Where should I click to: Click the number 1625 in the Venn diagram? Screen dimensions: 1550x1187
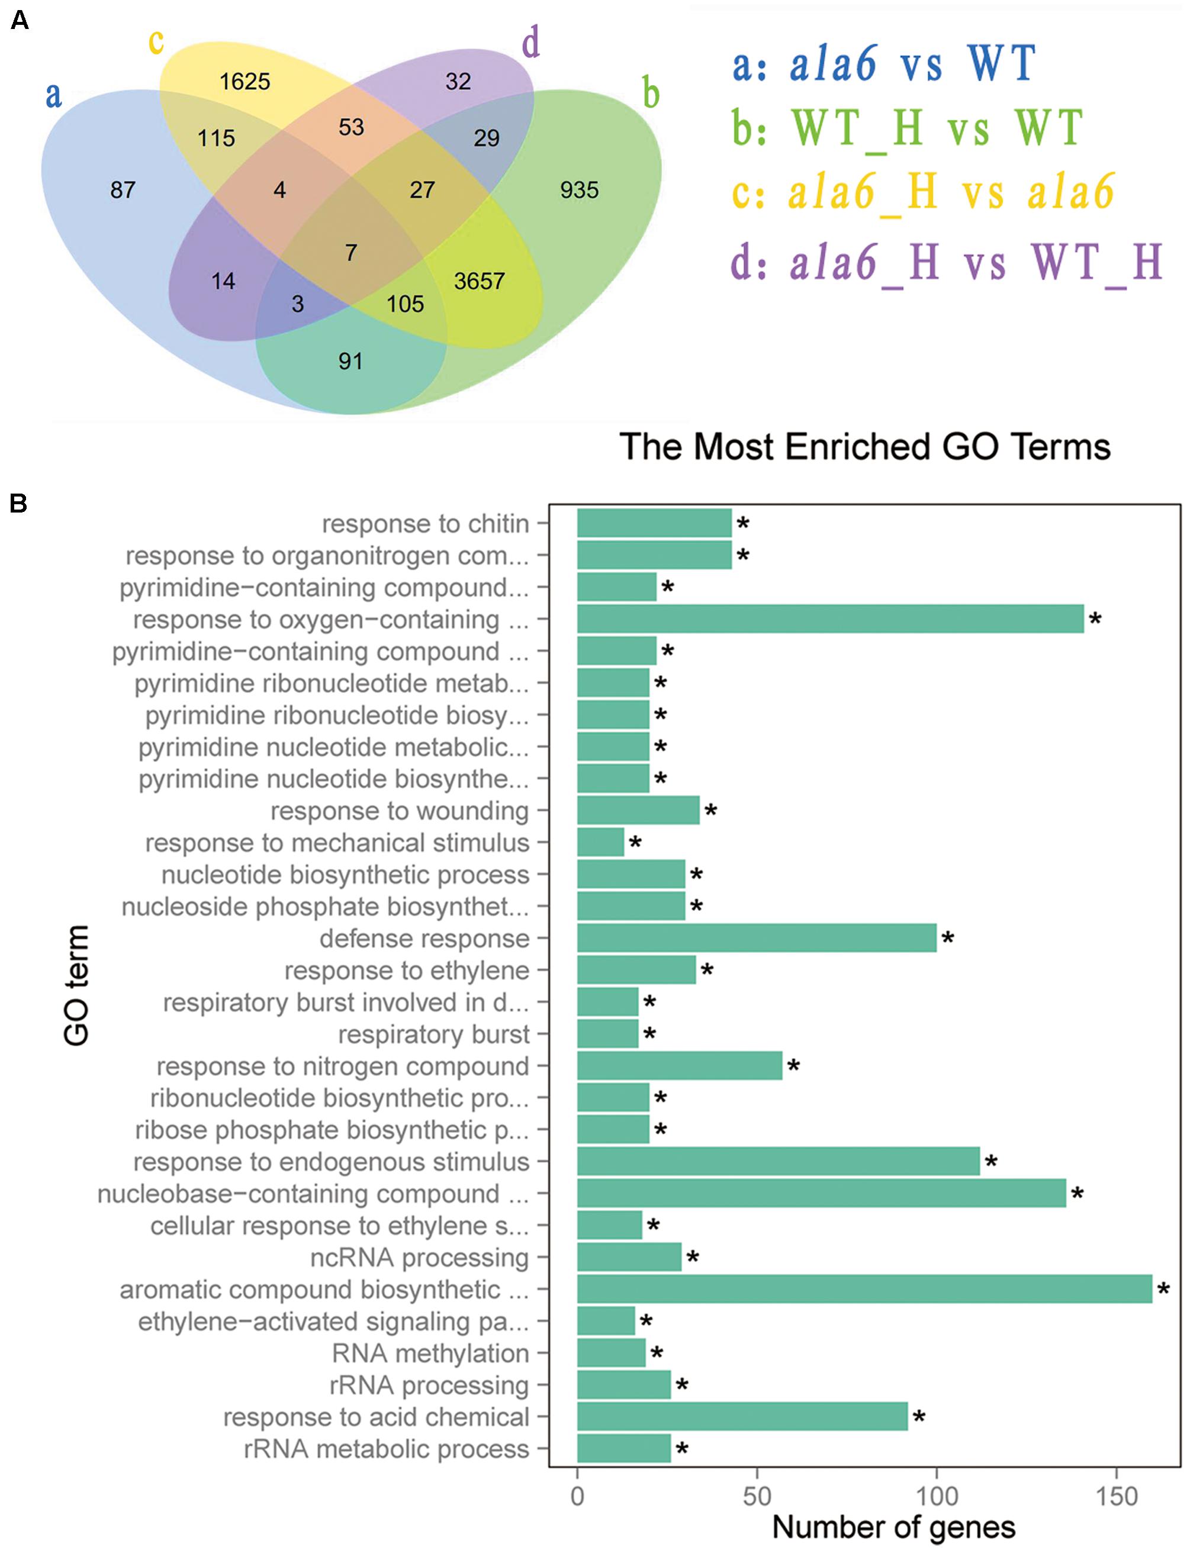pyautogui.click(x=245, y=82)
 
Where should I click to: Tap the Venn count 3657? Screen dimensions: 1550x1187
pyautogui.click(x=479, y=281)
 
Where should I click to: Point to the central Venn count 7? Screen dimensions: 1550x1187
pyautogui.click(x=351, y=253)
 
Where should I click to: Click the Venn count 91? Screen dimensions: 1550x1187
pyautogui.click(x=350, y=362)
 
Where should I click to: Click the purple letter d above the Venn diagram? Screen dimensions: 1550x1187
pyautogui.click(x=530, y=44)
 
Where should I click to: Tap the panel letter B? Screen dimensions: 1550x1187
pyautogui.click(x=18, y=504)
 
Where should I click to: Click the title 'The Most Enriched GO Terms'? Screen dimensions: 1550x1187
pyautogui.click(x=865, y=447)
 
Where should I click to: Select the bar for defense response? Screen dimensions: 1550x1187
pyautogui.click(x=756, y=939)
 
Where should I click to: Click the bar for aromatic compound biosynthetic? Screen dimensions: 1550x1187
pyautogui.click(x=864, y=1290)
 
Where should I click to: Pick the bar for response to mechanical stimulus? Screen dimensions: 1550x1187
pyautogui.click(x=600, y=842)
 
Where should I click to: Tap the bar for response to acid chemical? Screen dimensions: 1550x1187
pyautogui.click(x=742, y=1417)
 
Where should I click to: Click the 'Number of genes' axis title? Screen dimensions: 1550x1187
pyautogui.click(x=894, y=1527)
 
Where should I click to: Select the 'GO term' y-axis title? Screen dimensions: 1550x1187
pyautogui.click(x=76, y=985)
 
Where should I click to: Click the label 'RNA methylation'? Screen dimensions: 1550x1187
pyautogui.click(x=430, y=1354)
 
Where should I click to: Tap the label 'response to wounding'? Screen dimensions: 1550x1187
pyautogui.click(x=399, y=811)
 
